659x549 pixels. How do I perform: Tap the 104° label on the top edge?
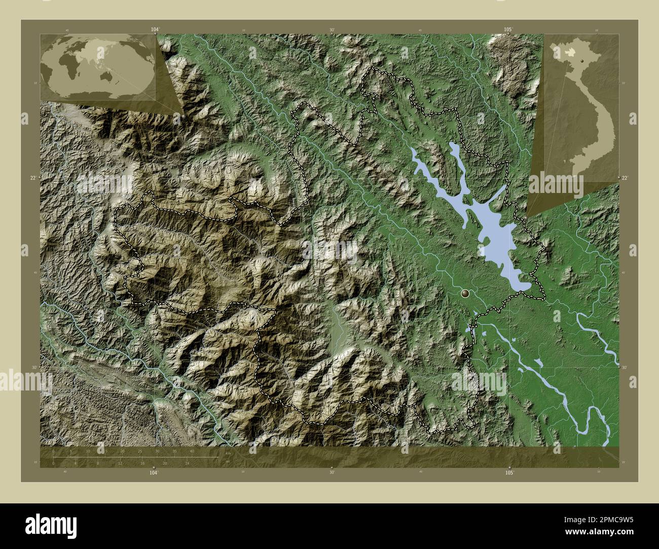[x=154, y=30]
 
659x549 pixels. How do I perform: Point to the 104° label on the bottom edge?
[x=154, y=472]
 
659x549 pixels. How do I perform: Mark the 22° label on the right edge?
[x=625, y=177]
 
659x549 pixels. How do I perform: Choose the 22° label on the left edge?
[x=33, y=177]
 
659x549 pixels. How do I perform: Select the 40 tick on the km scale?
[x=192, y=451]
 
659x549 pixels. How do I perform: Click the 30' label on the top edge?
[x=332, y=30]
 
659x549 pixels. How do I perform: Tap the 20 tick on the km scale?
[x=123, y=451]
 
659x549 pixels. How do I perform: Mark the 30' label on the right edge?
[x=625, y=368]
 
